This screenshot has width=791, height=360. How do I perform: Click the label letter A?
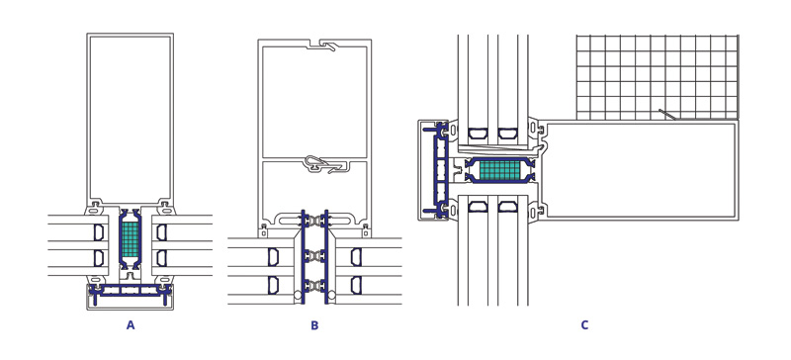tap(131, 325)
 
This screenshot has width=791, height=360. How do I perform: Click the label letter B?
tap(314, 325)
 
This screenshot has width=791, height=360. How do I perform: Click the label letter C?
tap(584, 325)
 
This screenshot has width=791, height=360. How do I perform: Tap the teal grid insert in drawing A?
tap(131, 238)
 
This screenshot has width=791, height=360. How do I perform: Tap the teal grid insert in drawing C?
tap(499, 171)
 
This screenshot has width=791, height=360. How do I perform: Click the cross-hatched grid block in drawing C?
tap(657, 77)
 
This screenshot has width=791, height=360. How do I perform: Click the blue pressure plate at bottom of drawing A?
tap(131, 292)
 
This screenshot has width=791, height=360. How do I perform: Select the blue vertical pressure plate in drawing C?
tap(437, 170)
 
